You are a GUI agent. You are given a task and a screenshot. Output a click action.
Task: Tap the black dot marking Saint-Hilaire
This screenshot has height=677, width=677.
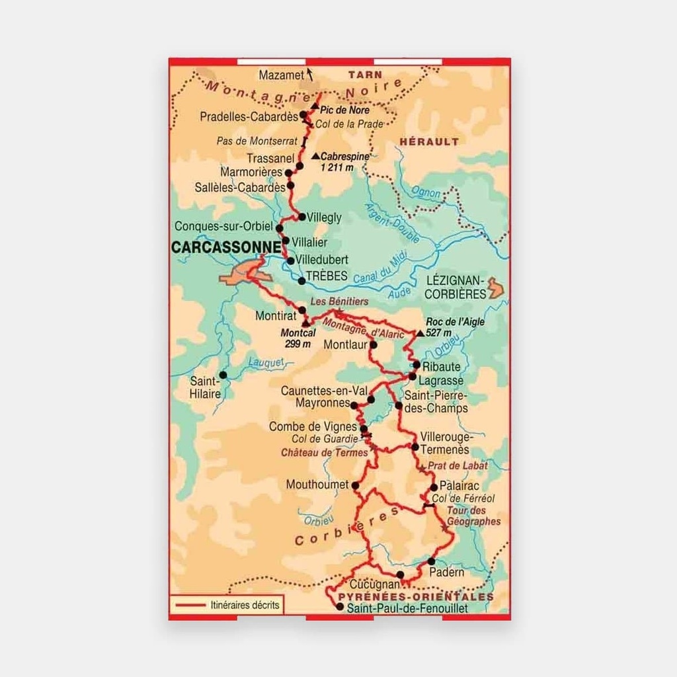(223, 375)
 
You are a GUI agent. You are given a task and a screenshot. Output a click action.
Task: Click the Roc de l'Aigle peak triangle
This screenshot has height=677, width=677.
(420, 333)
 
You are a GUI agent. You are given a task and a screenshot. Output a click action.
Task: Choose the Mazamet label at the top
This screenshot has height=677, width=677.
(282, 74)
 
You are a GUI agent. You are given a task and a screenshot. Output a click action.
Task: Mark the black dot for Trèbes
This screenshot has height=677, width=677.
(301, 281)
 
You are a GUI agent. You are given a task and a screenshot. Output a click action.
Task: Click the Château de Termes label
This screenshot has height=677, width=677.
(324, 453)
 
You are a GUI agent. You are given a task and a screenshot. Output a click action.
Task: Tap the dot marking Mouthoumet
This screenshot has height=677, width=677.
(355, 485)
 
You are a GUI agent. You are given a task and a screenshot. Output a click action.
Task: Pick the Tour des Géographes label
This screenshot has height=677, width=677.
(474, 516)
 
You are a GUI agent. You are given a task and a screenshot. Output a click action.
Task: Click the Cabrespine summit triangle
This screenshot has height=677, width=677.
(315, 157)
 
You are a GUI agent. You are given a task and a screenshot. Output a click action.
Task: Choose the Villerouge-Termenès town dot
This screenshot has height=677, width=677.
(415, 447)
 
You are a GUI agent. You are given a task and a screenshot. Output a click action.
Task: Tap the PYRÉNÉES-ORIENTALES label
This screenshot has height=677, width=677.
(415, 596)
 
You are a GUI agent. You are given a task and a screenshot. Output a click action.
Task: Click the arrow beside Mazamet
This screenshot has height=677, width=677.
(310, 75)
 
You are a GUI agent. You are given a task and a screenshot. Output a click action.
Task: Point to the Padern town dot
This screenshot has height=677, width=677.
(431, 561)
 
